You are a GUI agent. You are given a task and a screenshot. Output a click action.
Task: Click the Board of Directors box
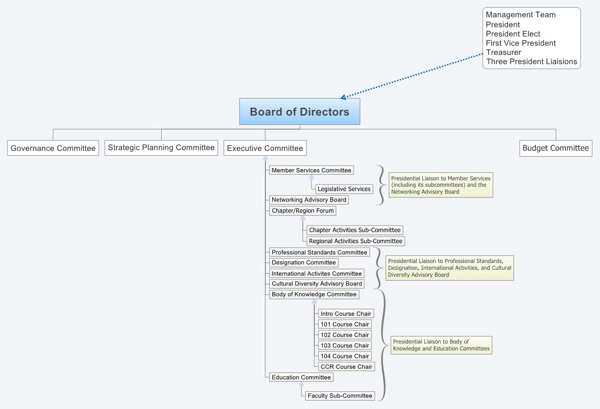299,112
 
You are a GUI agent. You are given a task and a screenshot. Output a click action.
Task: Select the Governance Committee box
53,148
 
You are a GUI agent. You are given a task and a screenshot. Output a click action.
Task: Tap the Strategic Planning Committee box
161,148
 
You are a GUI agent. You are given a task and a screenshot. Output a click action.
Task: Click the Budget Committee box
555,148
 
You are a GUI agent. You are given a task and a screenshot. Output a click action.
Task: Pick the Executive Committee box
265,148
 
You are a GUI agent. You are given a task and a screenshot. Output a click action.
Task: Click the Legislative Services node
344,189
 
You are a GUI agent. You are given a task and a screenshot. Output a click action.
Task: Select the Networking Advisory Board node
308,200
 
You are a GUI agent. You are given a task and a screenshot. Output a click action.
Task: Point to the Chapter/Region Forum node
302,211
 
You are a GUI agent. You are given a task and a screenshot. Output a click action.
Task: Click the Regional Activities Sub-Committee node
355,241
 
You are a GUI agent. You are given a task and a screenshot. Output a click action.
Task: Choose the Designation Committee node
304,262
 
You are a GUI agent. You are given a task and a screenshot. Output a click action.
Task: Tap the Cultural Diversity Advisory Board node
317,284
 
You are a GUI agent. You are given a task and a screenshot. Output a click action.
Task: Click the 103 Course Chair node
345,345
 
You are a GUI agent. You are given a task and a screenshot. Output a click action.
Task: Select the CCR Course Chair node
346,367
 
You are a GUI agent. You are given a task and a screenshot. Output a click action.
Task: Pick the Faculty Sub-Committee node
340,396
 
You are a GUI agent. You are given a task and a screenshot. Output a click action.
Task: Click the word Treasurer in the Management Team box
503,52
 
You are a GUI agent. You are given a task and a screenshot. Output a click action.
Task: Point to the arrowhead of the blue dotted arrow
342,97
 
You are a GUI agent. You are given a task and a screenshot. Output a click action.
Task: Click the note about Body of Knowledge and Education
441,345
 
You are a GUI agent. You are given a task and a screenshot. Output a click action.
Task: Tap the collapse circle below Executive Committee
265,159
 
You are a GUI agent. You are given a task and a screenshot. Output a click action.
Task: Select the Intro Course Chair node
346,314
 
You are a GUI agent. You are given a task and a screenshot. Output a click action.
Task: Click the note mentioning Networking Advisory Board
440,185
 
